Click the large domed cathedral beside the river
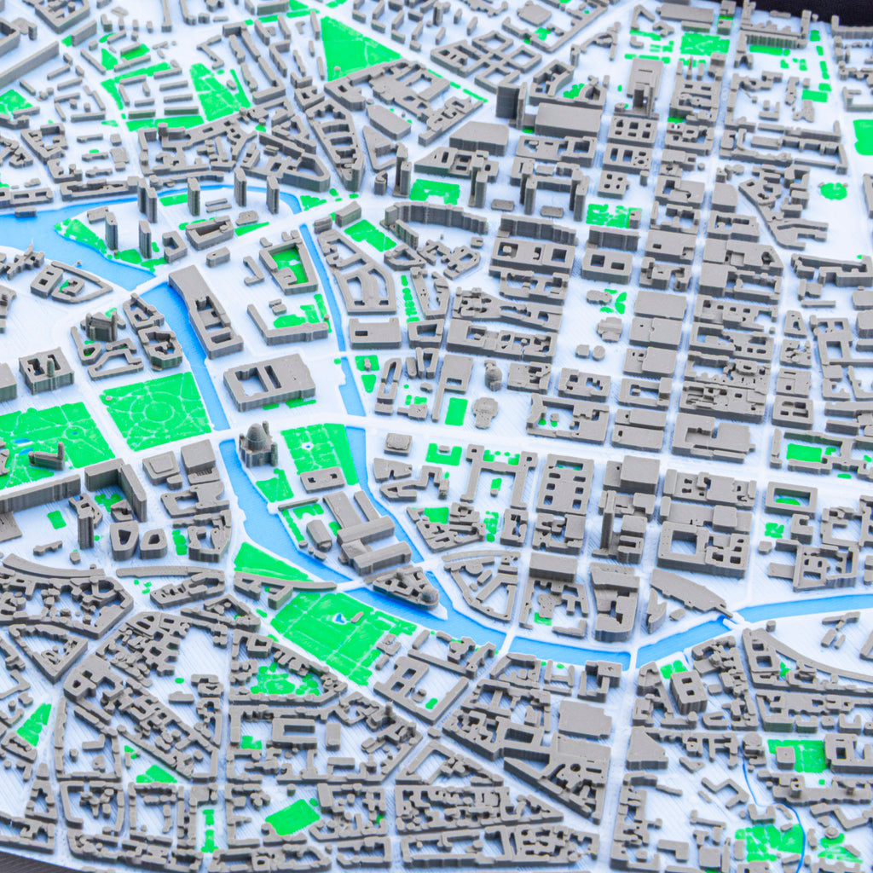[257, 444]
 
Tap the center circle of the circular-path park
[157, 410]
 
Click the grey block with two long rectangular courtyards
[269, 380]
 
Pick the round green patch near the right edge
[833, 191]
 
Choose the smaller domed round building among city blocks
[494, 374]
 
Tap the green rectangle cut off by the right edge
[863, 136]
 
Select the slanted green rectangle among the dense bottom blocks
[292, 817]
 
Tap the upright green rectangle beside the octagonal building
[456, 411]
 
